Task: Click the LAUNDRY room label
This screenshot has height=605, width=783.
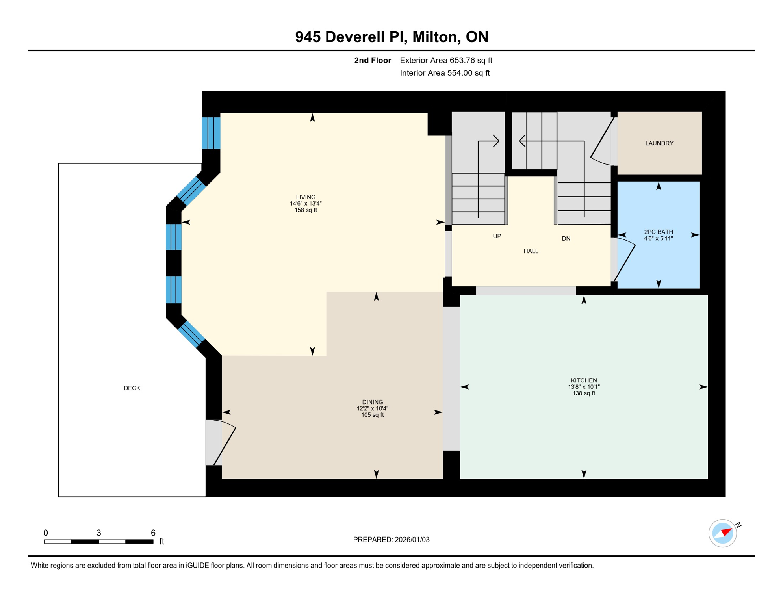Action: click(659, 143)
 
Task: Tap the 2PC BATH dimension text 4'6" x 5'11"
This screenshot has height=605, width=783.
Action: click(658, 239)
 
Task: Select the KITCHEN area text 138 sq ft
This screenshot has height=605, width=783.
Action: click(584, 393)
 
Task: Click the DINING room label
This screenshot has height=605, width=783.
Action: click(372, 402)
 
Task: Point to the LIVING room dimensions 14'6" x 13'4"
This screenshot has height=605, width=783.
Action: click(306, 204)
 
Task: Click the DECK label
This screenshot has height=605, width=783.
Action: click(132, 388)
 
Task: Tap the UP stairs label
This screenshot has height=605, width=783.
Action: click(497, 236)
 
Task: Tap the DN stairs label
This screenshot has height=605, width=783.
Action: click(566, 239)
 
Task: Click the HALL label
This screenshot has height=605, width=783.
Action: click(531, 251)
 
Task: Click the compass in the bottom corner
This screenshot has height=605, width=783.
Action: click(723, 533)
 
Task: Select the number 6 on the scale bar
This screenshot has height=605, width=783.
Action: click(153, 533)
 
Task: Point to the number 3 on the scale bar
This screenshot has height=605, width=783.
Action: click(99, 533)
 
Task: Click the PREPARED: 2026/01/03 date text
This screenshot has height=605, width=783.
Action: click(391, 540)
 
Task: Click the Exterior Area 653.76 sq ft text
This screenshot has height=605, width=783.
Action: click(446, 60)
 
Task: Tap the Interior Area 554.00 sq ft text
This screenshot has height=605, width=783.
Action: click(445, 73)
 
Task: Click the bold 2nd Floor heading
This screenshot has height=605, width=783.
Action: click(372, 60)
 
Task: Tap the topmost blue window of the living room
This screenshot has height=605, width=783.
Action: click(211, 133)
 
